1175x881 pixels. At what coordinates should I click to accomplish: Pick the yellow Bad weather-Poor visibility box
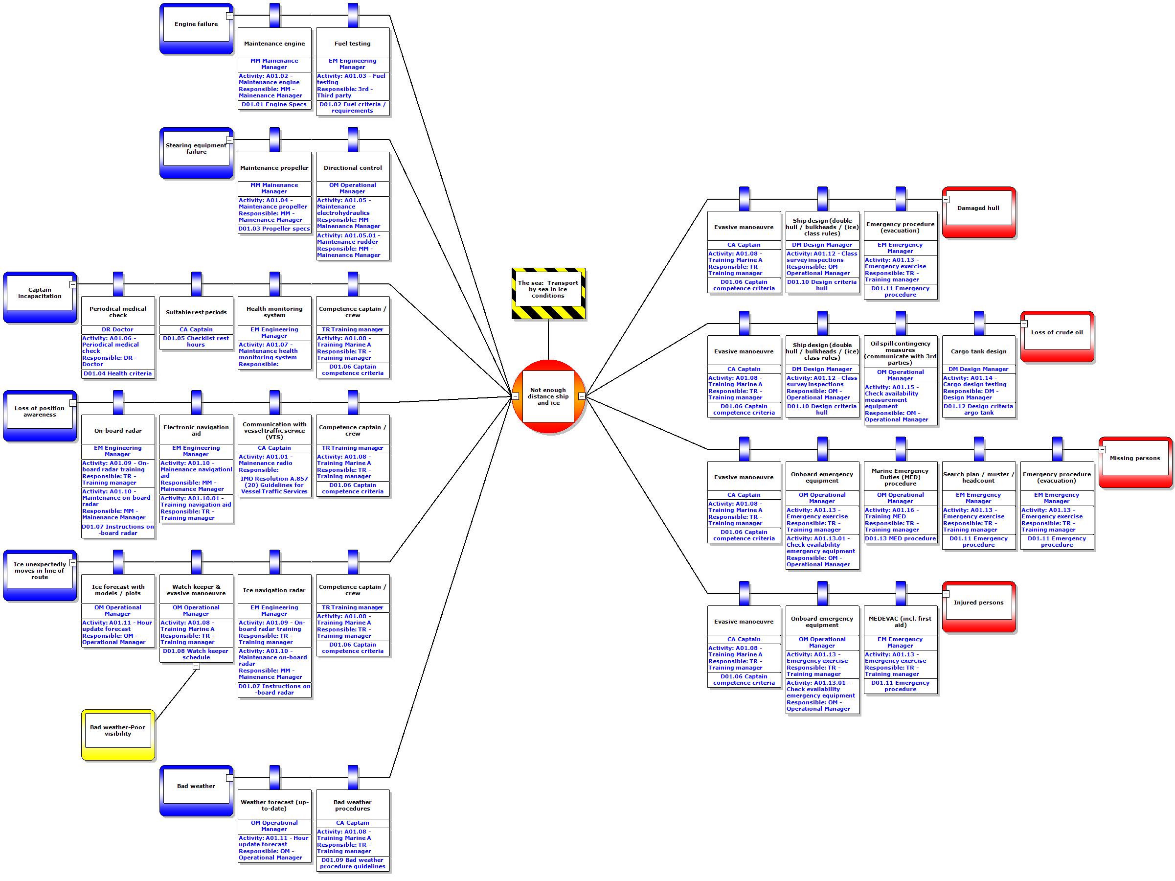[118, 734]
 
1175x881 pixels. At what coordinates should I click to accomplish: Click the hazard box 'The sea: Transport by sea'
[548, 293]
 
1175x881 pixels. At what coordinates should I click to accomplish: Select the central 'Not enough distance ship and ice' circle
[548, 396]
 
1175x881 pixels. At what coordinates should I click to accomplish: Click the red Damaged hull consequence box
[978, 211]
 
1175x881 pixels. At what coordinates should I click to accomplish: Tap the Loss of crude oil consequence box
[1057, 336]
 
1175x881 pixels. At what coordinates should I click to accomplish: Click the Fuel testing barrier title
[353, 44]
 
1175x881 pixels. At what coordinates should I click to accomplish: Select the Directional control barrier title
[353, 168]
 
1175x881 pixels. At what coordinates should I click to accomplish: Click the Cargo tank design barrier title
[978, 351]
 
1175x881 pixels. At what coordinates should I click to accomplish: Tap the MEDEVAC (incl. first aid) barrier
[900, 622]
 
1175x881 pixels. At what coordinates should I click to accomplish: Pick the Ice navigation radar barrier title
[274, 590]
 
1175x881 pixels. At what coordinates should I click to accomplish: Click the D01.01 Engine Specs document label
[274, 105]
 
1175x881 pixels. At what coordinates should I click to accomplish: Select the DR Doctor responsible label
[118, 329]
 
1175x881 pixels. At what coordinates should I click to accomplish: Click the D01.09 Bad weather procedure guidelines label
[353, 863]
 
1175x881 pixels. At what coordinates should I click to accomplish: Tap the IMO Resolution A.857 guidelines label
[274, 485]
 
